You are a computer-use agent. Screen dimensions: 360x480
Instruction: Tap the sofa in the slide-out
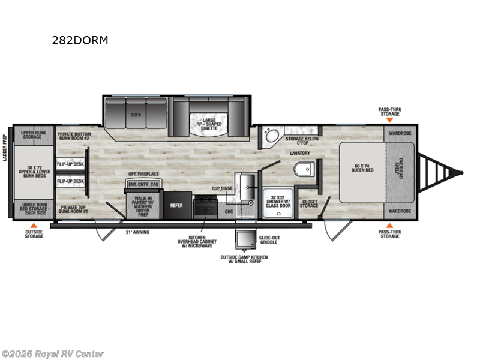(x=136, y=114)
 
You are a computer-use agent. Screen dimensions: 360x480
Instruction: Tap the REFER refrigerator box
(x=176, y=205)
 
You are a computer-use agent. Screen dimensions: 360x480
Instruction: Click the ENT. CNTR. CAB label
(x=143, y=184)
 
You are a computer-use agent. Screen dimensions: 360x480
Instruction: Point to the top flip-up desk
(x=70, y=164)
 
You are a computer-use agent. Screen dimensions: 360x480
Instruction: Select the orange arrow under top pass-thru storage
(x=390, y=120)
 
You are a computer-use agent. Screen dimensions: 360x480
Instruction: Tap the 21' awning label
(x=137, y=232)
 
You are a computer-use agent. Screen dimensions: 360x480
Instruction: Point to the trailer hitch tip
(x=461, y=173)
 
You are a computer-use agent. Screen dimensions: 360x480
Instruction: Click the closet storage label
(x=310, y=205)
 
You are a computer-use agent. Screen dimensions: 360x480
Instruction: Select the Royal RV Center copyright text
(x=53, y=353)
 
